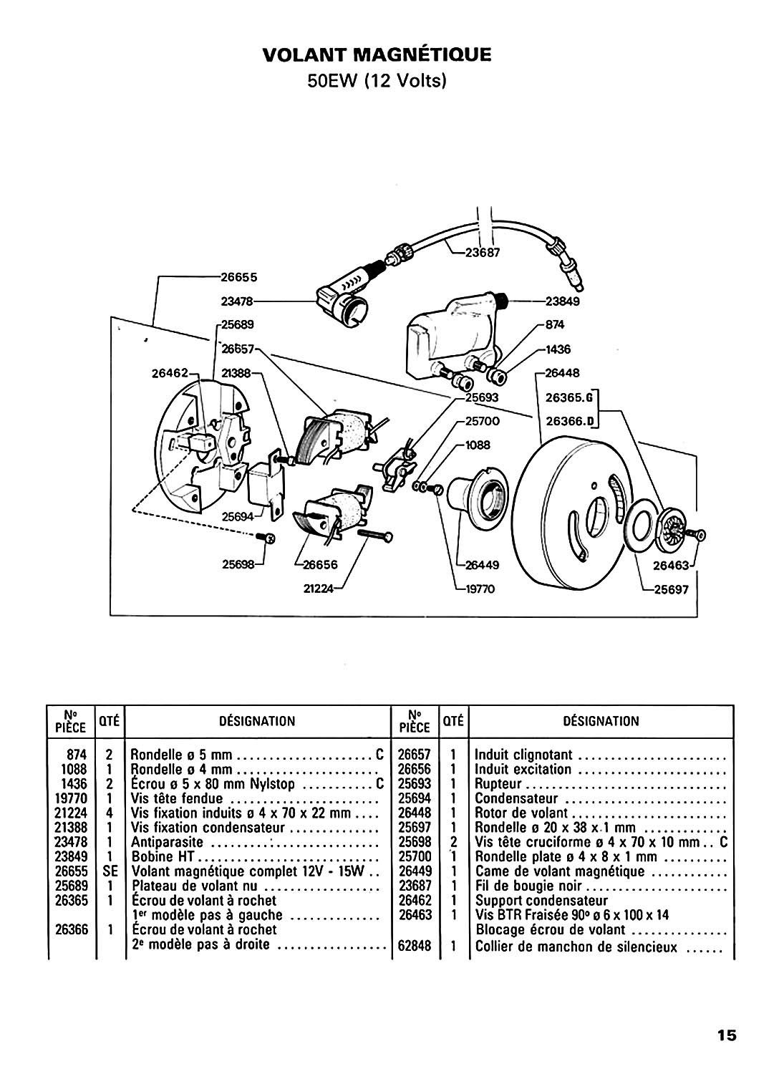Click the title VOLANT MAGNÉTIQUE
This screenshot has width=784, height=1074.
click(377, 54)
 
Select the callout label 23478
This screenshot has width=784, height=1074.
click(236, 301)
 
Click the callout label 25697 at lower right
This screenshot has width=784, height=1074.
click(671, 590)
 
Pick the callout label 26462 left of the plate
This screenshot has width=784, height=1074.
click(170, 372)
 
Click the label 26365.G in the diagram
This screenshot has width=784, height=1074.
click(569, 397)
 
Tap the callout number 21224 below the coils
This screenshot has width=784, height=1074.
click(319, 589)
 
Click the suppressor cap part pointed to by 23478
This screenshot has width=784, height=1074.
click(342, 300)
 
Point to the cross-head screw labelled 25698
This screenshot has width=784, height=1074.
click(266, 538)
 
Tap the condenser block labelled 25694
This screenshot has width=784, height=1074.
click(265, 484)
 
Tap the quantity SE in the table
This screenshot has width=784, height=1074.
click(110, 871)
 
